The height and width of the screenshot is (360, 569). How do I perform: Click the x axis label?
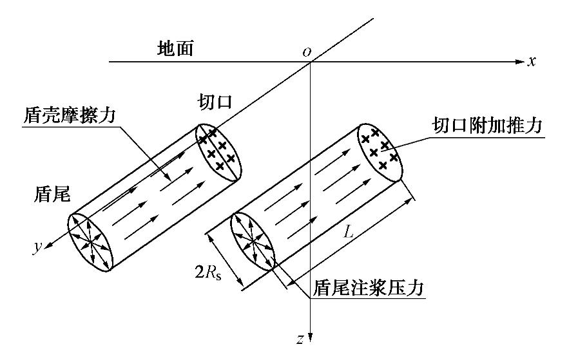click(x=533, y=62)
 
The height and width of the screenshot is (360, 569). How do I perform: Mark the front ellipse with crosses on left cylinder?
click(x=218, y=147)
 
